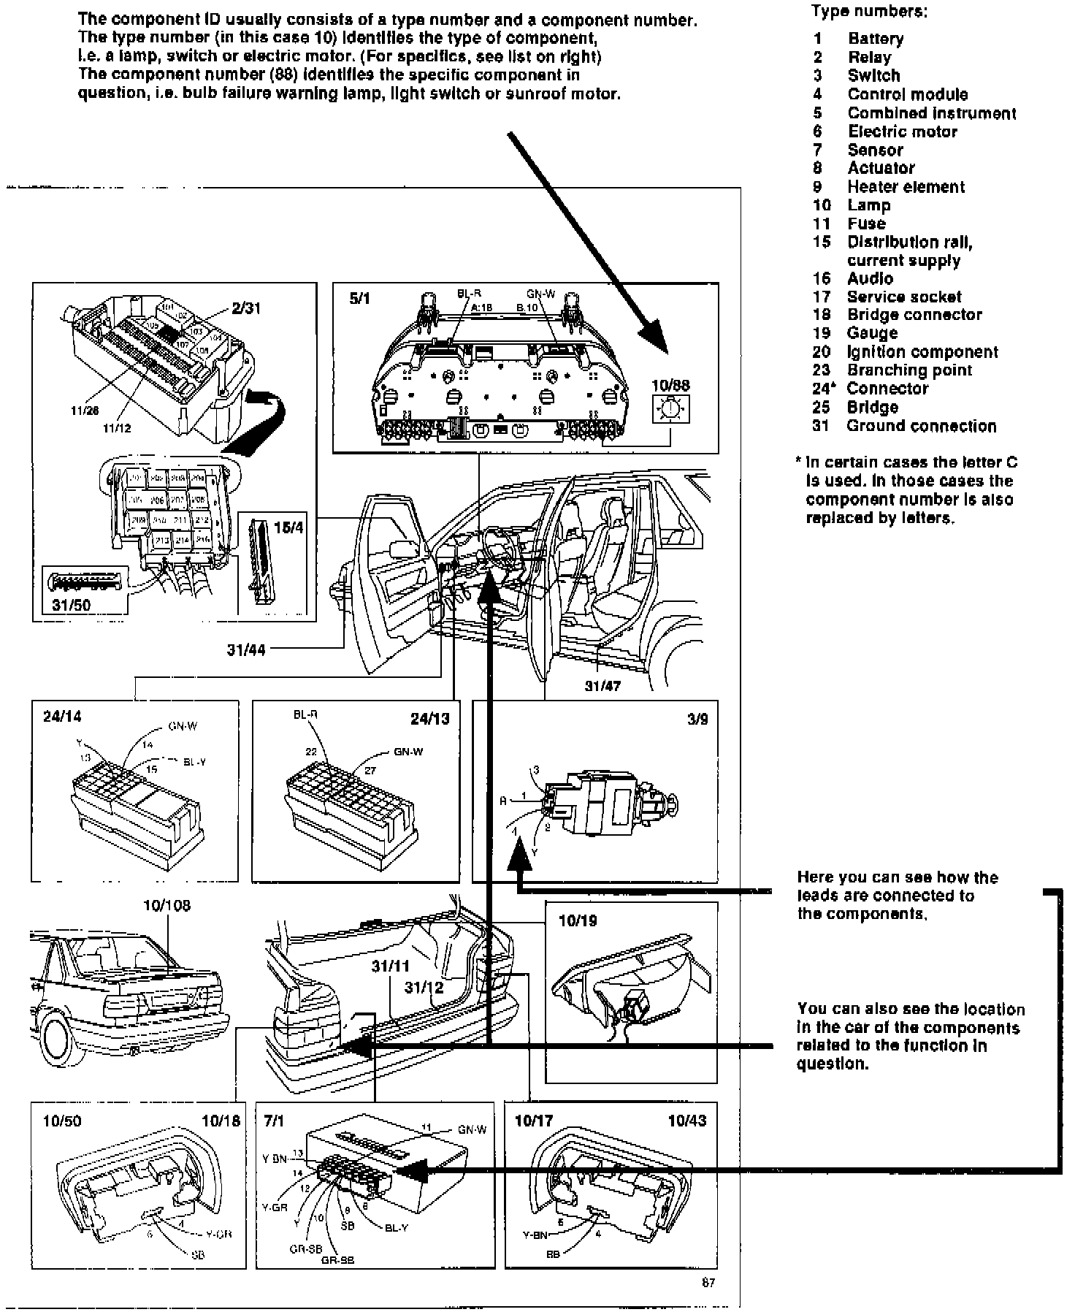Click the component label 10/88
coord(670,385)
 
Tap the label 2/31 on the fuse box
coord(246,308)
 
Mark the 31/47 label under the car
coord(602,686)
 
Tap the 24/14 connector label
coord(62,718)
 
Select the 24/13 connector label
coord(430,718)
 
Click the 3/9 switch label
coord(697,719)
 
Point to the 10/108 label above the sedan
coord(167,906)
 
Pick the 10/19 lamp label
coord(578,920)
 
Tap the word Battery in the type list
coord(876,39)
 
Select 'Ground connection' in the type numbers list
coord(922,426)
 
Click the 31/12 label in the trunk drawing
coord(424,988)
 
